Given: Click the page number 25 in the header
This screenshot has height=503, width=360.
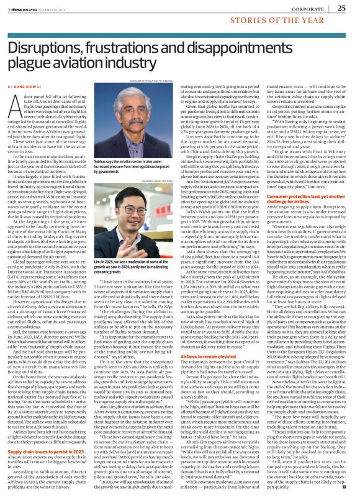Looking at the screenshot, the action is click(341, 8).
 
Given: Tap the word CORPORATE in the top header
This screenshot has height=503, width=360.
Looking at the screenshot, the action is click(306, 9).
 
